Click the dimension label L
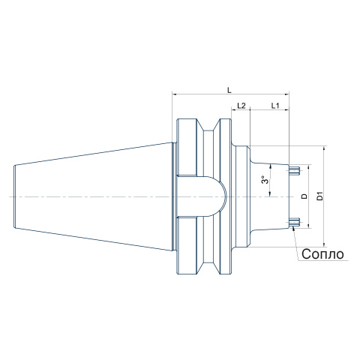pyautogui.click(x=229, y=90)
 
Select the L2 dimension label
pyautogui.click(x=241, y=106)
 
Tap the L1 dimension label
pyautogui.click(x=275, y=106)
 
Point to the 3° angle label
pyautogui.click(x=265, y=180)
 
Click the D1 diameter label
pyautogui.click(x=320, y=196)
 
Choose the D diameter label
pyautogui.click(x=304, y=196)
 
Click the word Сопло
pyautogui.click(x=322, y=254)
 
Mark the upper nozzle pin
pyautogui.click(x=294, y=171)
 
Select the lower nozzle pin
pyautogui.click(x=294, y=221)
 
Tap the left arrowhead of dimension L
pyautogui.click(x=175, y=94)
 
